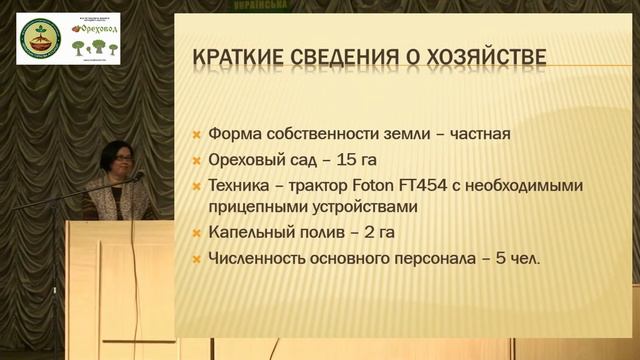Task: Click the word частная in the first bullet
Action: tap(483, 133)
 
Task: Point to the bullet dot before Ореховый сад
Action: tap(198, 160)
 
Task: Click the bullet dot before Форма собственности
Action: tap(198, 134)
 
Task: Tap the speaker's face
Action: tap(112, 160)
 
